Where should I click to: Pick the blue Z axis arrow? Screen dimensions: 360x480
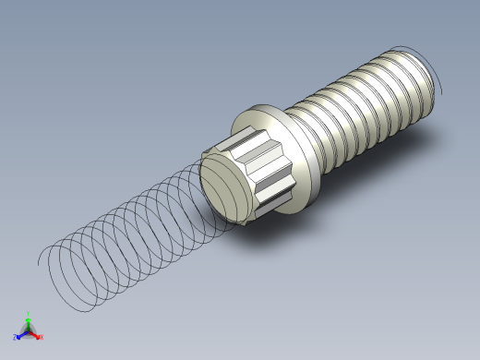click(x=20, y=334)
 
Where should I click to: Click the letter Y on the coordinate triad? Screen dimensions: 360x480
click(x=29, y=313)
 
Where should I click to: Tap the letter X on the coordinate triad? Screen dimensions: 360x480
click(x=42, y=338)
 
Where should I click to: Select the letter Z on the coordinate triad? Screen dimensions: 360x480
click(x=15, y=337)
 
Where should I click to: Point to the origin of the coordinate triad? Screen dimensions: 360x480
click(x=29, y=330)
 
